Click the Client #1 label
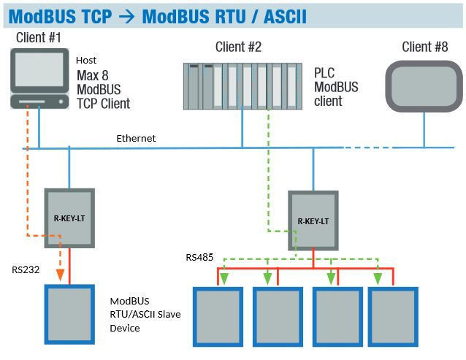coord(37,37)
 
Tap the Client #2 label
coord(238,47)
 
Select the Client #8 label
coord(425,47)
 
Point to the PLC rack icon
coord(242,84)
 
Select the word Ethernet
coord(136,138)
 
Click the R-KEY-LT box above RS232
coord(68,216)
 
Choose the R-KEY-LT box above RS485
coord(313,220)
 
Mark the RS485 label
coord(201,257)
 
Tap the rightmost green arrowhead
coord(378,277)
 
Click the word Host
coord(86,60)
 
